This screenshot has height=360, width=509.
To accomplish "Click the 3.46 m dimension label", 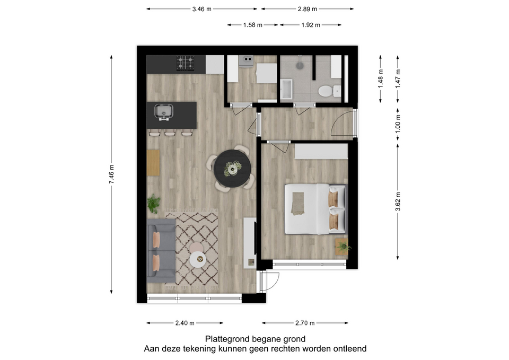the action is tap(201, 9).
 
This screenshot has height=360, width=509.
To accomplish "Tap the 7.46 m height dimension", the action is tap(112, 174).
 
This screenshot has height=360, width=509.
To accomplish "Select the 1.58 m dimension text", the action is tap(252, 25).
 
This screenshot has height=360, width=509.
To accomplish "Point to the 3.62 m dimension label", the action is tap(398, 201).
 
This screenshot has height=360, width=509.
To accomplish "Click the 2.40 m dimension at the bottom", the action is tap(185, 323).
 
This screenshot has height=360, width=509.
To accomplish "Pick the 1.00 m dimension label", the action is tap(398, 124).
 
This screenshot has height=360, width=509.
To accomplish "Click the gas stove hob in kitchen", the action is tap(186, 63).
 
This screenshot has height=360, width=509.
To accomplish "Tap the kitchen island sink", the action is tap(164, 112).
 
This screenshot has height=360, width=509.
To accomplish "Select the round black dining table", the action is tap(232, 169).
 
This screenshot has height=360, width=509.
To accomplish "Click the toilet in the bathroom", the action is tap(324, 91).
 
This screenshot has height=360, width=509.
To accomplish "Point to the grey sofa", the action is tap(161, 250).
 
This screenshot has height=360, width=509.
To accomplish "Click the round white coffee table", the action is tap(198, 260).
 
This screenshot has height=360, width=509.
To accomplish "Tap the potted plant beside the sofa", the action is tap(153, 204).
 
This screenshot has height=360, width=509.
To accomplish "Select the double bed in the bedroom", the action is tap(316, 209).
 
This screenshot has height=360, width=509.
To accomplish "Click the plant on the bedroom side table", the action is tap(343, 248).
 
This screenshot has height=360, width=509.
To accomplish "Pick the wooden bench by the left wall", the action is tap(153, 163).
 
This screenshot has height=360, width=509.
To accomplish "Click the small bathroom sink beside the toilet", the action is tap(337, 91).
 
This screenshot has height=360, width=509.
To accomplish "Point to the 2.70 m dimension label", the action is tap(305, 323).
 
